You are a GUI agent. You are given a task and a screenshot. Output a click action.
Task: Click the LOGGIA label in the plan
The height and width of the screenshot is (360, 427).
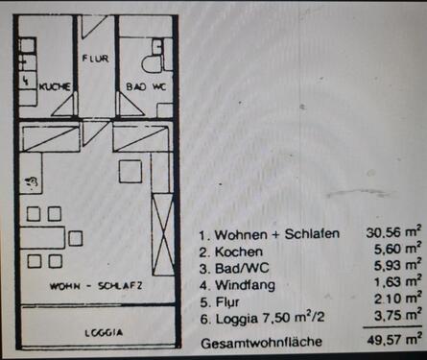click(104, 332)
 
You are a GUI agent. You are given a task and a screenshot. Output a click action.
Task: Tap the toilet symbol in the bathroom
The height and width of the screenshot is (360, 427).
click(152, 62)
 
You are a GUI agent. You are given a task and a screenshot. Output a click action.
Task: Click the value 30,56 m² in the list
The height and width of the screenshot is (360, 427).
click(393, 233)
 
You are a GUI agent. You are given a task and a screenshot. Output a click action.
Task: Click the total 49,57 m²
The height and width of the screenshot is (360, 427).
click(393, 340)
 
